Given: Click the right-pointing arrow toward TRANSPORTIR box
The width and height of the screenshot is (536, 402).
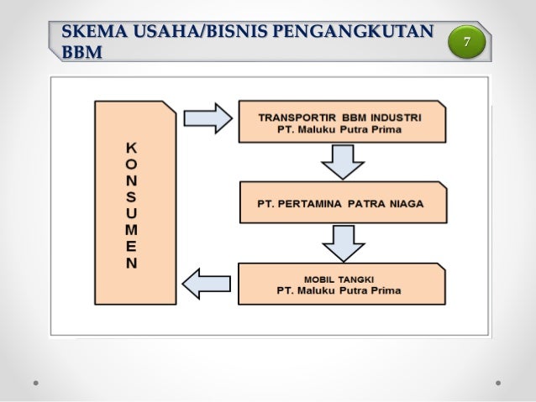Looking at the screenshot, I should tap(208, 118).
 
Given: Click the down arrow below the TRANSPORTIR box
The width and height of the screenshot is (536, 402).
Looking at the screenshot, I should tap(342, 160).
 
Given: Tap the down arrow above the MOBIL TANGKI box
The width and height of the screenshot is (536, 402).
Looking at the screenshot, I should tap(342, 243).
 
